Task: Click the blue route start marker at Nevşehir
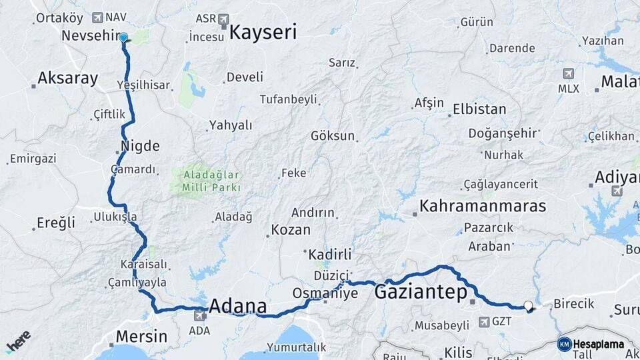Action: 123,37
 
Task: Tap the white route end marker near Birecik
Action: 529,306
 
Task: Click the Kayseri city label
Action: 263,32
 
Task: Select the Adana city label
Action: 238,307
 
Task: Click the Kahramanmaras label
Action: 483,206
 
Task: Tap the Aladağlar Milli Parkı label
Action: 208,181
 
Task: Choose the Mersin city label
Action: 141,336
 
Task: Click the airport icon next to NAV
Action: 98,17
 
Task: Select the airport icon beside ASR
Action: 223,19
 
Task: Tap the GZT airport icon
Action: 483,322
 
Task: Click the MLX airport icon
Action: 568,74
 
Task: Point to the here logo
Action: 19,341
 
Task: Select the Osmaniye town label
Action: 325,293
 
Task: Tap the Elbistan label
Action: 479,109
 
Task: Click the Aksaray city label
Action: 67,78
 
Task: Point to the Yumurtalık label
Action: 296,347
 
